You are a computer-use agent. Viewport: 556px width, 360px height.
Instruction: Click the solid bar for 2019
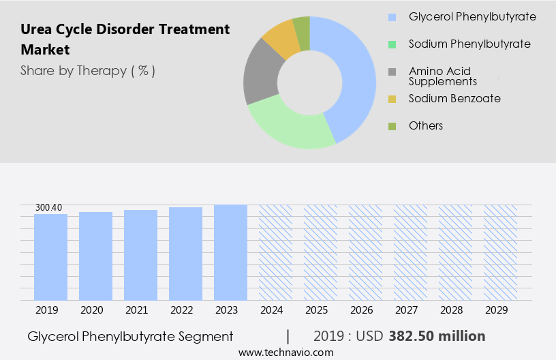(x=50, y=257)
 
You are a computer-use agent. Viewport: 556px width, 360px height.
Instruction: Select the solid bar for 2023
(x=230, y=252)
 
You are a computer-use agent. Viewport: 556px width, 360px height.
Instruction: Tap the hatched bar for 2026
(x=365, y=252)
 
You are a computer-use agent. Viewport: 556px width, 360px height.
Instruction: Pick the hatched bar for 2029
(x=500, y=252)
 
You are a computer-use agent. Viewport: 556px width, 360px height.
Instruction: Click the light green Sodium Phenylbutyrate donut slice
(x=290, y=127)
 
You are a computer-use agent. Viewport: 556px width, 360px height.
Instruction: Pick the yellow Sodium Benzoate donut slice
(x=281, y=39)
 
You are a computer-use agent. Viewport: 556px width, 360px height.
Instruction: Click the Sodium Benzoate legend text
(x=454, y=98)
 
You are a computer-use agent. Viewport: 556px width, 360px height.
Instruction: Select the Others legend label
(x=426, y=125)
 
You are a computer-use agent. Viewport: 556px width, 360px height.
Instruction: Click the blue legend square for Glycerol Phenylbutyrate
(x=392, y=17)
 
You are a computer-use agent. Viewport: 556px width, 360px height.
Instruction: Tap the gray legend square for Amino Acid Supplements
(x=392, y=72)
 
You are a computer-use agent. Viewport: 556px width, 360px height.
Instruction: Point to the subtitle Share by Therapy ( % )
(x=88, y=70)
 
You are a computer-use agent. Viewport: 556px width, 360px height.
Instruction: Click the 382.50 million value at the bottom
(x=437, y=336)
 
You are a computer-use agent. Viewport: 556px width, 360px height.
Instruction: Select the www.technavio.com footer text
(x=285, y=352)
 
